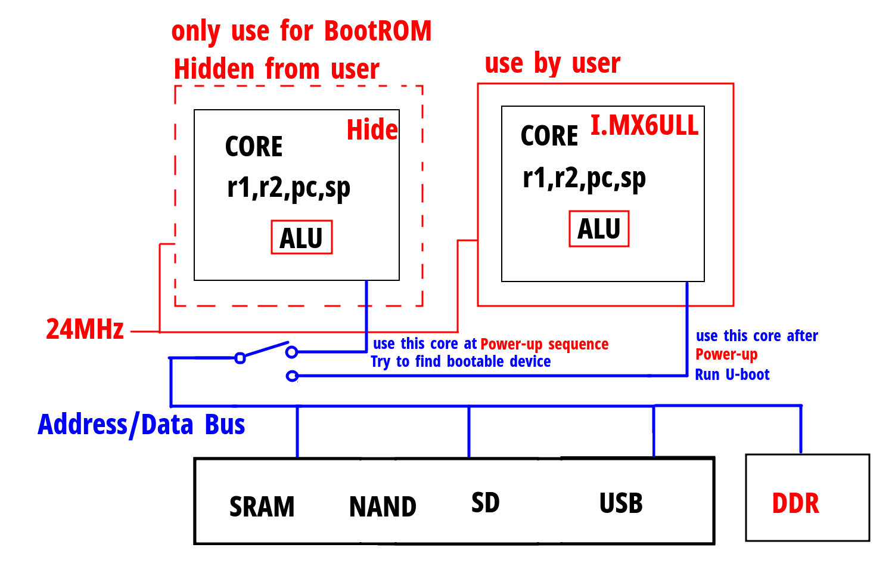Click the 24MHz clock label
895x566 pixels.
pos(85,329)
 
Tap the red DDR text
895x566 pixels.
pos(795,503)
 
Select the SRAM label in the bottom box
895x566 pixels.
pos(262,507)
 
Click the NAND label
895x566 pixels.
pos(383,507)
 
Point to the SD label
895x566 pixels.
pos(485,503)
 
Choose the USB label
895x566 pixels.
pos(621,503)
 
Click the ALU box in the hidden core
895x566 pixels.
pos(302,238)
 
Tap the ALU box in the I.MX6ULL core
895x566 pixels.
pos(599,229)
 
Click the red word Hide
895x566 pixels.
pos(372,129)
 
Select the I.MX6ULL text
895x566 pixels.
pos(644,125)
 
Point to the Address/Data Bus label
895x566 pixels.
pos(141,425)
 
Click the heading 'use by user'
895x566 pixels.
pos(552,63)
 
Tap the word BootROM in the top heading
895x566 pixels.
pos(378,31)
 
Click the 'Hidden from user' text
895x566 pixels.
pos(276,69)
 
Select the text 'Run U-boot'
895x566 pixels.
pos(732,375)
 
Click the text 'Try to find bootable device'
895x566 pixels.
pos(461,361)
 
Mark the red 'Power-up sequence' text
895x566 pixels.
pos(544,344)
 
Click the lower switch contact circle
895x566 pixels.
pos(292,376)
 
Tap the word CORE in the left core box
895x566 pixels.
pos(254,147)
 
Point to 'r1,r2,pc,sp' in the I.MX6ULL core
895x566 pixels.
pos(584,178)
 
